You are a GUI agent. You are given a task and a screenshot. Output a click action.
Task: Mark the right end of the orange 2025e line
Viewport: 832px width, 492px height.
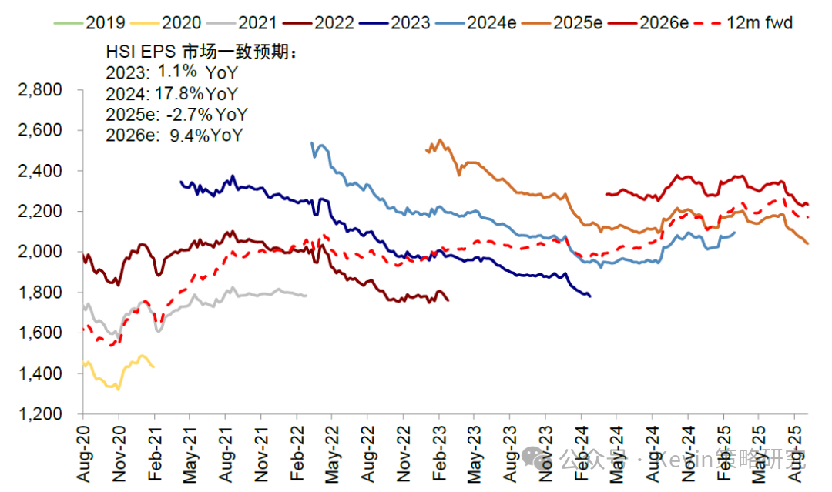(x=807, y=243)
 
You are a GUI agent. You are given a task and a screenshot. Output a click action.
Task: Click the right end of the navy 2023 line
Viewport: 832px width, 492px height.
(x=589, y=296)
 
